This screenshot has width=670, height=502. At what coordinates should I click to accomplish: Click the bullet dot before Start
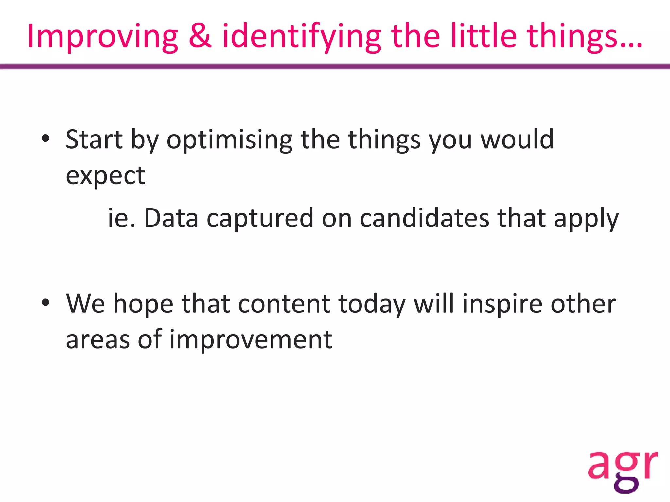pyautogui.click(x=45, y=138)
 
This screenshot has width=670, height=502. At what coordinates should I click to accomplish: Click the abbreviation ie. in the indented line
pyautogui.click(x=121, y=218)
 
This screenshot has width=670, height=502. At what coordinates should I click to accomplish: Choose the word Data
pyautogui.click(x=171, y=218)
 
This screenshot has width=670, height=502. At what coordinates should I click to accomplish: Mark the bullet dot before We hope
pyautogui.click(x=45, y=302)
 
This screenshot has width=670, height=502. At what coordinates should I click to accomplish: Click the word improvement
pyautogui.click(x=251, y=340)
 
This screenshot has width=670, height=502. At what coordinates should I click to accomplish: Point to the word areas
pyautogui.click(x=98, y=340)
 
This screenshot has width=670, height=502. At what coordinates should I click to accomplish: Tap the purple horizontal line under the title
pyautogui.click(x=335, y=67)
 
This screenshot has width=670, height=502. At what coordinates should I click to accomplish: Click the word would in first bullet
pyautogui.click(x=517, y=140)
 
